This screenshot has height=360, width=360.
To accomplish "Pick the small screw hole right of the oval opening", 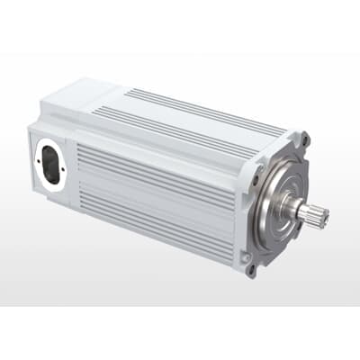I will coord(64,175).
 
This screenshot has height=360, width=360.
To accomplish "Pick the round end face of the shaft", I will coord(324,216).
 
